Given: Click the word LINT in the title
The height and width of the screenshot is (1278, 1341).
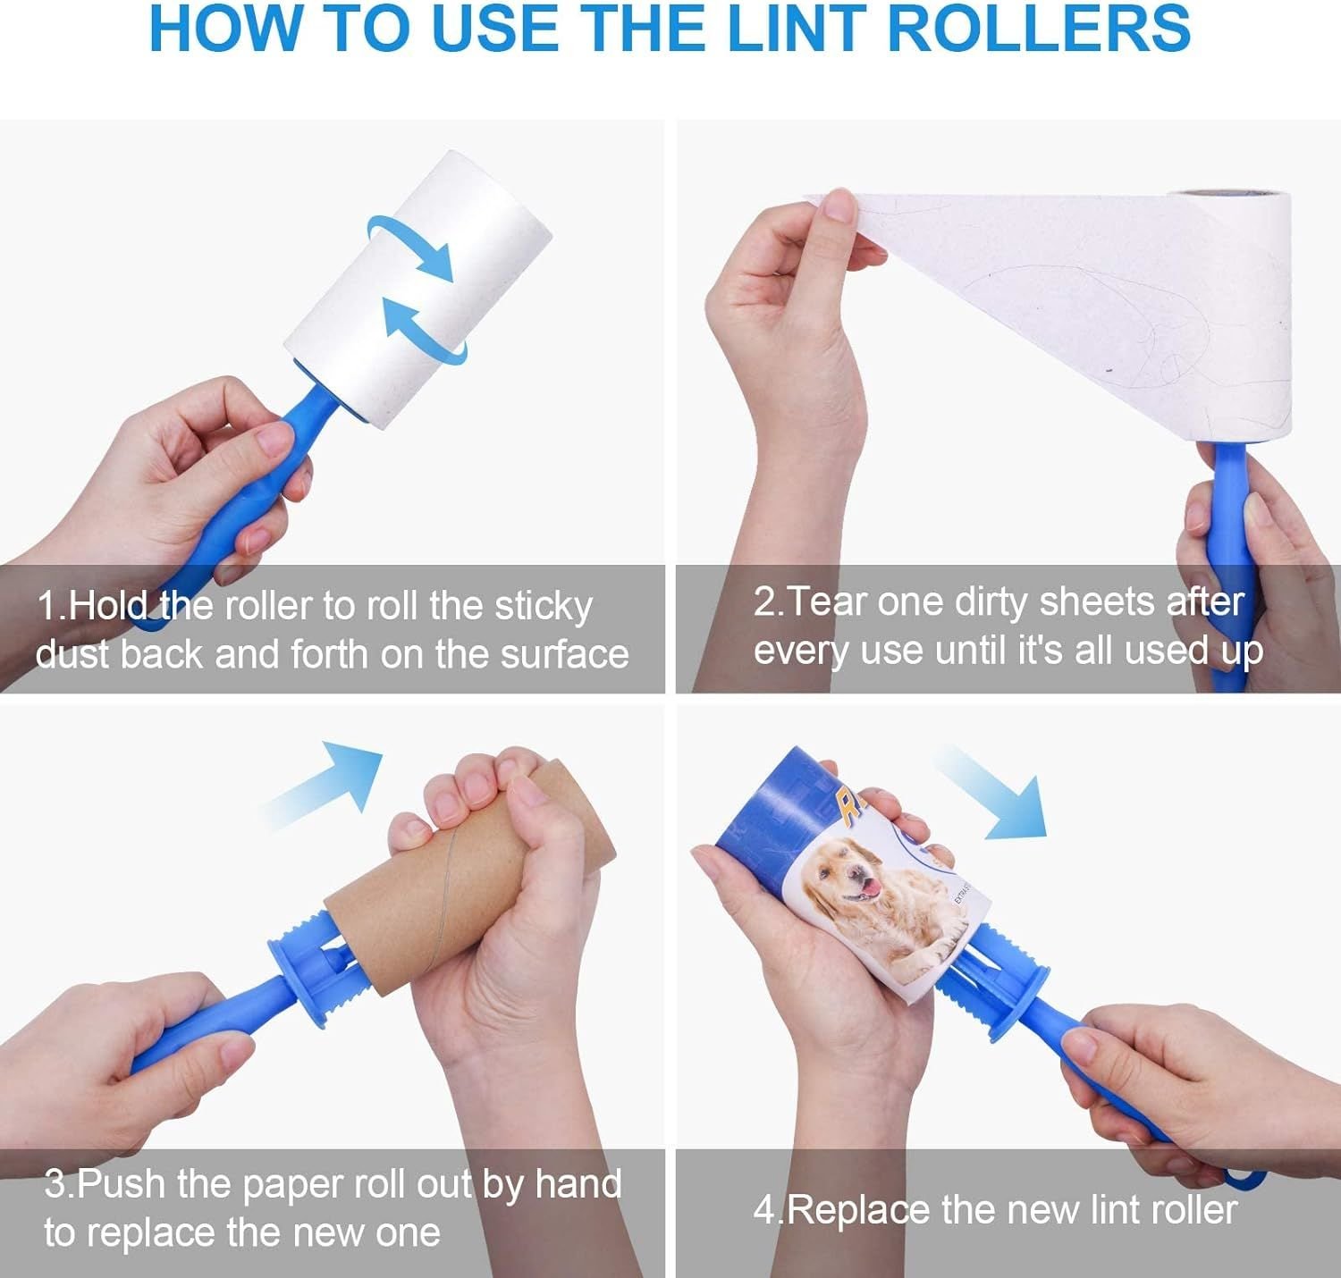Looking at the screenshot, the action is pos(798,29).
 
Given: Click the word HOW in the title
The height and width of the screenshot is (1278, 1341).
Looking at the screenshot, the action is pos(226,29).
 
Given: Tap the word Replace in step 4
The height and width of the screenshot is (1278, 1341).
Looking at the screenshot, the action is pos(859,1211).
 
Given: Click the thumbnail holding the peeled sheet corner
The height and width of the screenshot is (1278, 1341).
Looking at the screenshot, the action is pos(839,205).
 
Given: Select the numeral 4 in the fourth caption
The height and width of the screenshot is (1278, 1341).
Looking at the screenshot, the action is pos(763,1211).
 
